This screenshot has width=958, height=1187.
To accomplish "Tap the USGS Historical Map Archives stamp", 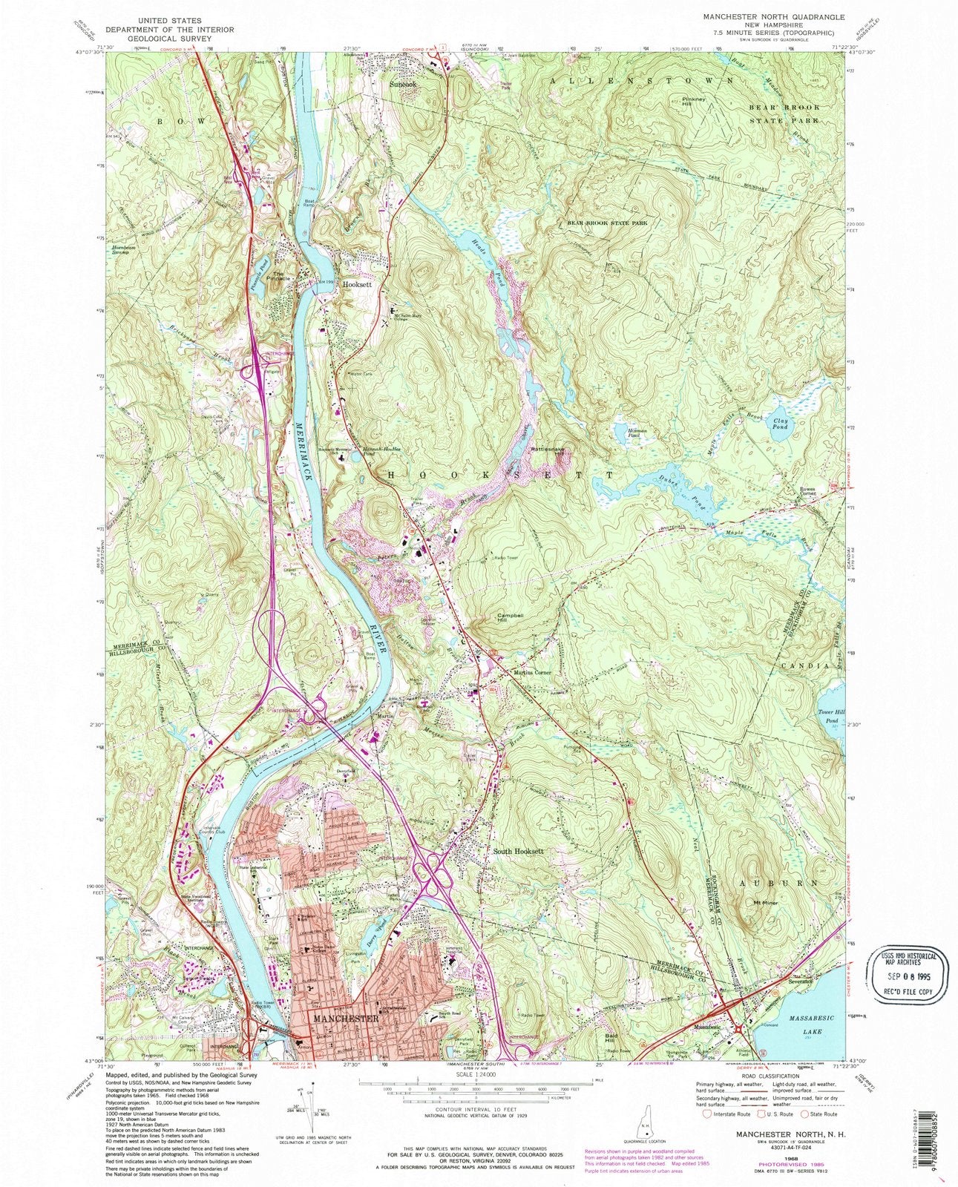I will (x=903, y=969).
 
